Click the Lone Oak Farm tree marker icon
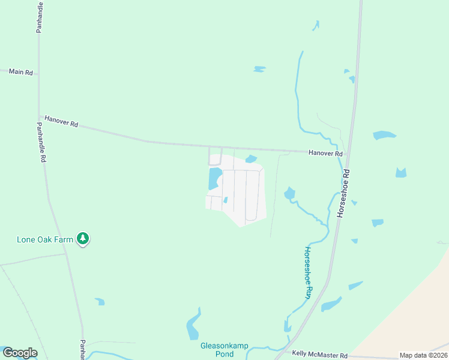(x=83, y=239)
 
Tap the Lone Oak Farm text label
(x=45, y=239)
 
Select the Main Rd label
(x=21, y=72)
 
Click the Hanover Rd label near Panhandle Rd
(x=61, y=124)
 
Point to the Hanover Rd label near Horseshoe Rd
(x=325, y=154)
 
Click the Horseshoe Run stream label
(x=309, y=273)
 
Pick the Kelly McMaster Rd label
(x=319, y=355)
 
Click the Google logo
(x=20, y=353)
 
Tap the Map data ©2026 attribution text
(x=423, y=355)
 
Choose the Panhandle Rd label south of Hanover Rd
(x=41, y=143)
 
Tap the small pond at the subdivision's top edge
(x=251, y=159)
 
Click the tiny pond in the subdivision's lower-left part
(x=225, y=200)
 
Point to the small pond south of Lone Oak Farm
(x=100, y=302)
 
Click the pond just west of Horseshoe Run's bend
(x=289, y=193)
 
